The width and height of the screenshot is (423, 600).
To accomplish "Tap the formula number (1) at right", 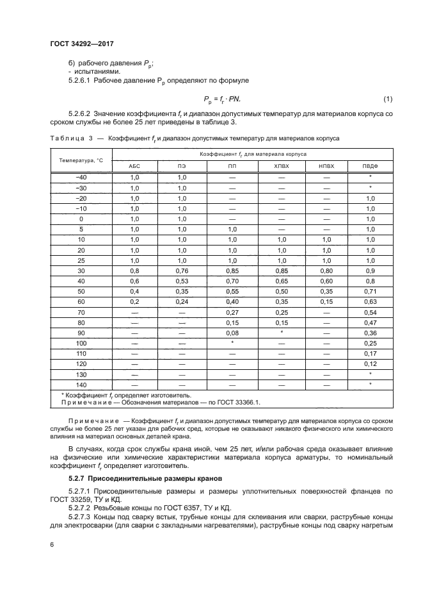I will pos(387,99).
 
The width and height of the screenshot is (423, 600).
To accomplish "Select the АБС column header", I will pos(134,166).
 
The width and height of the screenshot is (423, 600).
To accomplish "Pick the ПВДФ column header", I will pos(370,166).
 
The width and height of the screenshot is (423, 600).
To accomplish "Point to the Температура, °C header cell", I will pos(81,160).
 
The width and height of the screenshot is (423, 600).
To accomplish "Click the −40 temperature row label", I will pos(81,177).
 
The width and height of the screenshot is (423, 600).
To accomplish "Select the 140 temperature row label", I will pos(81,385).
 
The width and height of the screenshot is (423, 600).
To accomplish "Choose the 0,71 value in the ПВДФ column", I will pos(370,291).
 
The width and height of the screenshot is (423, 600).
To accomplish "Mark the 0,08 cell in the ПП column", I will pos(231,333).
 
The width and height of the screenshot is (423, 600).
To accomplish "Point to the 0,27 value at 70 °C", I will pos(231,312).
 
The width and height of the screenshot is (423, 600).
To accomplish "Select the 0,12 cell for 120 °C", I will pos(370,363).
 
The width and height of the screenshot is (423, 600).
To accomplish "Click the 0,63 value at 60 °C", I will pos(370,301).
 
